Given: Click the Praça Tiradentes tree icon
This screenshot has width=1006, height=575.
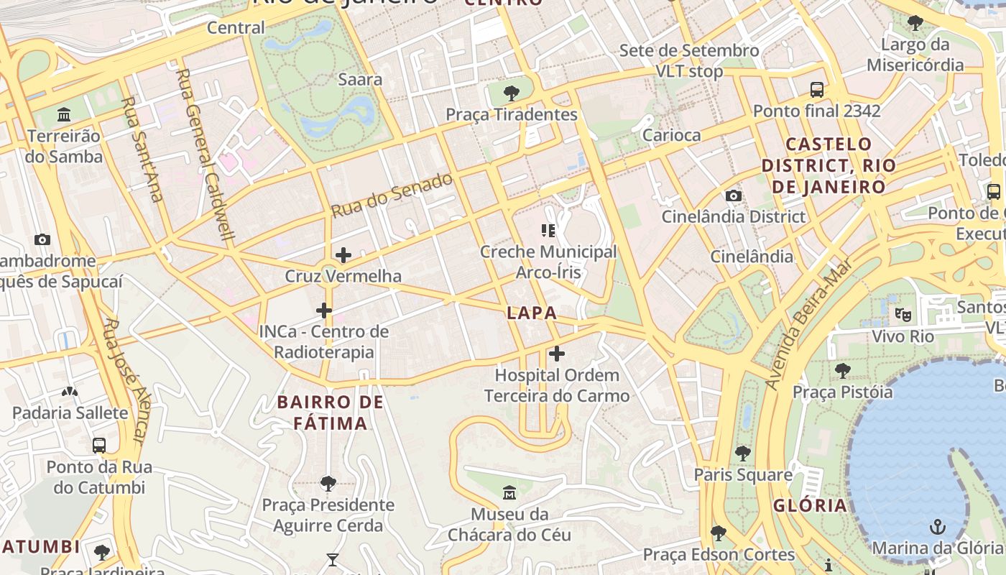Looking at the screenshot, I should (x=512, y=93).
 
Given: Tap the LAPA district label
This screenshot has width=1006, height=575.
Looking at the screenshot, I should (x=532, y=313).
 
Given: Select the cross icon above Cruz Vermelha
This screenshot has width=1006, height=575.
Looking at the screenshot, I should (x=343, y=254).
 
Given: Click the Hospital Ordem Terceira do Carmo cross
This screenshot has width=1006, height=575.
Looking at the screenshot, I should (x=557, y=354).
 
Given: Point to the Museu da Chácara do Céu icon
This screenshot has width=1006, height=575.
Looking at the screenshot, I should (x=509, y=493).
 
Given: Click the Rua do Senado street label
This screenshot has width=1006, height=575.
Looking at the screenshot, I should (x=392, y=195).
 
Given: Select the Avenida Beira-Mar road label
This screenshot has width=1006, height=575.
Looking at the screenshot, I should (x=808, y=325).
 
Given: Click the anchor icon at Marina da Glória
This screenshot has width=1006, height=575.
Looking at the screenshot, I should (x=937, y=528).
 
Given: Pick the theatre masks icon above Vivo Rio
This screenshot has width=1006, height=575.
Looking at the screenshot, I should (x=903, y=314).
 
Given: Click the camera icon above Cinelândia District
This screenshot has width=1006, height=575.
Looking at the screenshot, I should (x=733, y=195).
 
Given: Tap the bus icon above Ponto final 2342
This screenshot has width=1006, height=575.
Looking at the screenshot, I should (x=817, y=90).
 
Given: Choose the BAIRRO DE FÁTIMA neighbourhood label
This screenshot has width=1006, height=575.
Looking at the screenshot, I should (x=331, y=413).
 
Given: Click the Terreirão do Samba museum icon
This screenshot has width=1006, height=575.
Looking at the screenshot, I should (x=64, y=115).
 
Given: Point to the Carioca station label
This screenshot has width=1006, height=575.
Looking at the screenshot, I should (x=671, y=135).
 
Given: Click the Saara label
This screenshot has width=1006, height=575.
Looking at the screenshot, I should (x=360, y=79).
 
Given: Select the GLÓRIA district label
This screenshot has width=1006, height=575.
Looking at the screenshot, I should (x=810, y=505).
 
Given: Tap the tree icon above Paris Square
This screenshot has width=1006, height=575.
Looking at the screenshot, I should (x=743, y=454).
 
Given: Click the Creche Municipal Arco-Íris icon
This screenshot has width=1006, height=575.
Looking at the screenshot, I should (x=548, y=231).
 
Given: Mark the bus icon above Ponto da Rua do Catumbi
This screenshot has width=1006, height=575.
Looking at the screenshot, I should (x=99, y=446).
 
